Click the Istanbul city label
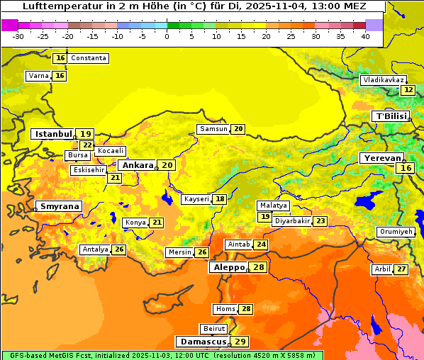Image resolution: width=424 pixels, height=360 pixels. pyautogui.click(x=53, y=133)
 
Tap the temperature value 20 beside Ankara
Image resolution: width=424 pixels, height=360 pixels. pyautogui.click(x=167, y=164)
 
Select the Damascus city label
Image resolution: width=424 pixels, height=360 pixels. pyautogui.click(x=203, y=342)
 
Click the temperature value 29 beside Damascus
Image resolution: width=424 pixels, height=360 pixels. pyautogui.click(x=240, y=342)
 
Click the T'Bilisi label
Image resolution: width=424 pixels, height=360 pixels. pyautogui.click(x=391, y=116)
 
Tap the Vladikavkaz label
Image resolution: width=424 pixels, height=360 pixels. pyautogui.click(x=384, y=80)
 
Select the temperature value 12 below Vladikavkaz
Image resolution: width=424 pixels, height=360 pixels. pyautogui.click(x=408, y=90)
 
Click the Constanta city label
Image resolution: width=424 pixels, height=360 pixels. pyautogui.click(x=89, y=58)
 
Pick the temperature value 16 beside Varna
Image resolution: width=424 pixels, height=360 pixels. pyautogui.click(x=60, y=76)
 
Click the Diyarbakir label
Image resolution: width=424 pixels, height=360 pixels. pyautogui.click(x=292, y=221)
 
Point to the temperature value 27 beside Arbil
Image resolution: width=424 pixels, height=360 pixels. pyautogui.click(x=401, y=269)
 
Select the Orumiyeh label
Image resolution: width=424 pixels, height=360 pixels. pyautogui.click(x=395, y=232)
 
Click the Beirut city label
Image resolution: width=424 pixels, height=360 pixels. pyautogui.click(x=214, y=329)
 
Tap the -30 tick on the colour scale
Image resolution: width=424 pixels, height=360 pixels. pyautogui.click(x=18, y=35)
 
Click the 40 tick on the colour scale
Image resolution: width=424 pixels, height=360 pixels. pyautogui.click(x=365, y=35)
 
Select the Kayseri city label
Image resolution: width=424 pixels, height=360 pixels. pyautogui.click(x=196, y=199)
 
